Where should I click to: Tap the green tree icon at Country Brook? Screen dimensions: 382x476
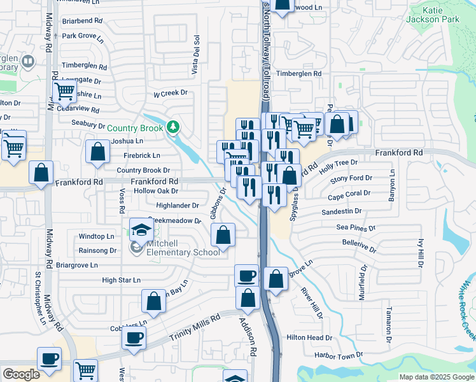[x=172, y=127]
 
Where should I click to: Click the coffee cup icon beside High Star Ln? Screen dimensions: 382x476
[x=246, y=276]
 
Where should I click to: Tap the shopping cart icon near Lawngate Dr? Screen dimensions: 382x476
[x=64, y=92]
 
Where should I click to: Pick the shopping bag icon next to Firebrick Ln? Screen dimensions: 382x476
[x=97, y=152]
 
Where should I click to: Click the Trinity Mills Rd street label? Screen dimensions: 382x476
[x=198, y=329]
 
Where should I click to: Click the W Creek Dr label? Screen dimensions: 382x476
[x=171, y=93]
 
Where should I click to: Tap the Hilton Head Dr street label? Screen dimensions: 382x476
[x=309, y=337]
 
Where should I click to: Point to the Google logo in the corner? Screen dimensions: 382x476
[x=21, y=374]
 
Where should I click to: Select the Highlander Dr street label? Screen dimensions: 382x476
[x=178, y=206]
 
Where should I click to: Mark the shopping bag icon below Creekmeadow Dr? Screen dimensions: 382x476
[x=223, y=236]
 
